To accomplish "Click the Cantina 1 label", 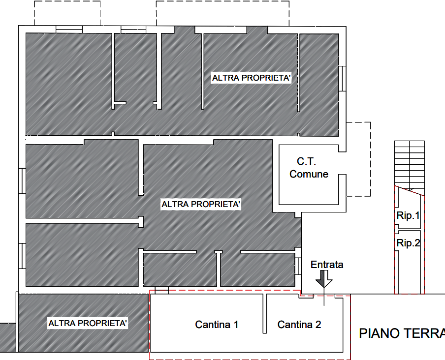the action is [x=217, y=324].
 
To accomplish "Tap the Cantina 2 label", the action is [x=299, y=324].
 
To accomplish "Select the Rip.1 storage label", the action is [x=408, y=216].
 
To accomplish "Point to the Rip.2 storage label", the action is [x=408, y=243].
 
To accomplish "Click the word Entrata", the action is [x=327, y=265].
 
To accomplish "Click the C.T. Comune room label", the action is [x=309, y=168].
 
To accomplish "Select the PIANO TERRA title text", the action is [x=402, y=333].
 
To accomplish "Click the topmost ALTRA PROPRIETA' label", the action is [x=252, y=78].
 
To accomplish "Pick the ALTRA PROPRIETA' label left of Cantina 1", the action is [x=88, y=323].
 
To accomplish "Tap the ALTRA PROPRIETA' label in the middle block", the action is [x=201, y=204].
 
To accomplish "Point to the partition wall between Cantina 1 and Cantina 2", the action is [x=265, y=313].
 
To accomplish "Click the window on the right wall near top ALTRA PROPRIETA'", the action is [x=343, y=79].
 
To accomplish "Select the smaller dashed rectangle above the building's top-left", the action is [x=67, y=13].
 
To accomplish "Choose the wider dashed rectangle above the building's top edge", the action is [x=222, y=13].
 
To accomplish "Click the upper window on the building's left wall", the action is [x=22, y=181].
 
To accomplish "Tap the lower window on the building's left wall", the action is [x=22, y=256].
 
